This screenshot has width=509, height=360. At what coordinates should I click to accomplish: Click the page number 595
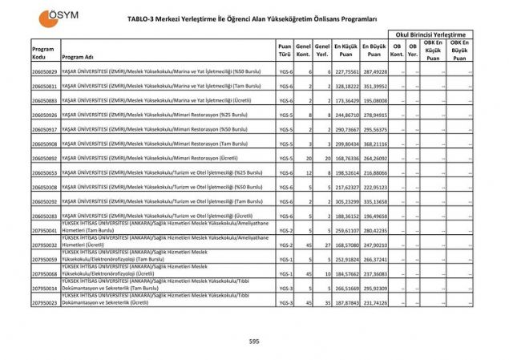tap(254, 342)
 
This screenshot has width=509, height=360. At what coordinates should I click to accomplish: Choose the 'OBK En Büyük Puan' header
tap(459, 50)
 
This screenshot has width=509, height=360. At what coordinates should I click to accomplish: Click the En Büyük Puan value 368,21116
tap(374, 144)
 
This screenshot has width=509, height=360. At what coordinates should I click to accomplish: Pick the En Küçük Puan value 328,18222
tap(345, 87)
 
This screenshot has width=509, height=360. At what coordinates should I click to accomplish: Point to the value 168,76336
tap(345, 159)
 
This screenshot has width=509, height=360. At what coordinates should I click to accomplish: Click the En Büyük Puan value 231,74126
tap(374, 303)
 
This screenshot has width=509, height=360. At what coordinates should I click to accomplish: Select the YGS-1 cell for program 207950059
tap(285, 260)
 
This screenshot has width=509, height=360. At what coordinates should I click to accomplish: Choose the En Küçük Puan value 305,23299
tap(345, 202)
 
